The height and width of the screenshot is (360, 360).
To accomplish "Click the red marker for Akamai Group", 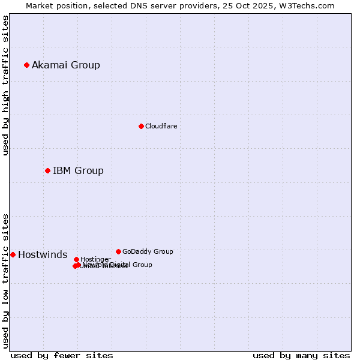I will click(26, 65).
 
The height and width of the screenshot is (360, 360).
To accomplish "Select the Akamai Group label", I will click(66, 65).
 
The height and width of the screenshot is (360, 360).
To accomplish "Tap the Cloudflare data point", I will click(141, 126).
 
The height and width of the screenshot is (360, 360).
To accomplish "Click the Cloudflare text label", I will click(161, 126).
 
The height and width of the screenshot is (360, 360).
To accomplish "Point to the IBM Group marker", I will click(47, 170).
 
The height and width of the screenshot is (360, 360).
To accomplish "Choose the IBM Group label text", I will click(78, 170).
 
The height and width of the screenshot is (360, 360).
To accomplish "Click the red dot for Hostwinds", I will click(13, 254).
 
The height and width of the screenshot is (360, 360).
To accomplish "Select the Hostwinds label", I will click(43, 254).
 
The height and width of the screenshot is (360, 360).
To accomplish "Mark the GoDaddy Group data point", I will click(118, 251).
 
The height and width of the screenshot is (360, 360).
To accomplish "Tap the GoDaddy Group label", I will click(148, 251).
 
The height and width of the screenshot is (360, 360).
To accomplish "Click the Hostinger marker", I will click(76, 259).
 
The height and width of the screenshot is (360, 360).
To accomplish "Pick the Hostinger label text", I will click(95, 259).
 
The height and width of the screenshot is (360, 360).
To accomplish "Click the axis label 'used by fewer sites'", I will click(62, 355).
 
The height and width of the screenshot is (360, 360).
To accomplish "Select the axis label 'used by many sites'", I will click(301, 355).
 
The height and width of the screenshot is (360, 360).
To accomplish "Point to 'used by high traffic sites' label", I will click(5, 85).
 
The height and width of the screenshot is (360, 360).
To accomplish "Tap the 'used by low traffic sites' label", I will click(5, 281).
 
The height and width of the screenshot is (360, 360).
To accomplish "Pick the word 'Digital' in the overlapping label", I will click(119, 265).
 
